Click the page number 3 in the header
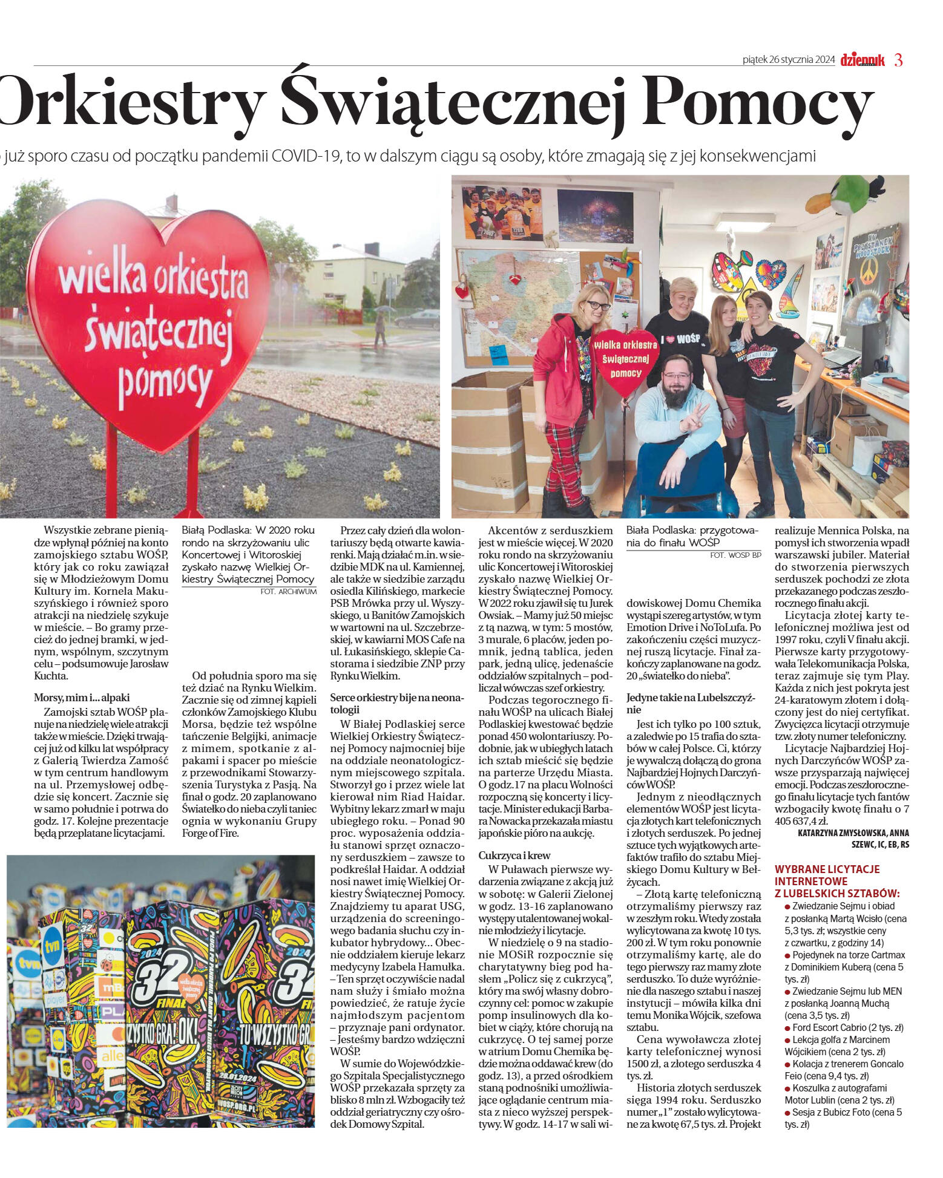pyautogui.click(x=898, y=60)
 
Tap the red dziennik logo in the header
pyautogui.click(x=862, y=60)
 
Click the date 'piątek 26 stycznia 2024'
pyautogui.click(x=789, y=60)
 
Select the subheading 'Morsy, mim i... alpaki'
pyautogui.click(x=82, y=697)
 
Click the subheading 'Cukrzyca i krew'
pyautogui.click(x=514, y=855)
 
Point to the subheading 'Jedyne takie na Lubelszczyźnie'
pyautogui.click(x=691, y=703)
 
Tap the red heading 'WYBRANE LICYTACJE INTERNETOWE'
pyautogui.click(x=827, y=875)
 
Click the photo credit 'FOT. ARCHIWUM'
pyautogui.click(x=288, y=591)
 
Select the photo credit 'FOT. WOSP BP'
pyautogui.click(x=736, y=555)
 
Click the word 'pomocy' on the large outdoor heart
pyautogui.click(x=164, y=379)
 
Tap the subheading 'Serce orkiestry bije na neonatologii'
pyautogui.click(x=396, y=703)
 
